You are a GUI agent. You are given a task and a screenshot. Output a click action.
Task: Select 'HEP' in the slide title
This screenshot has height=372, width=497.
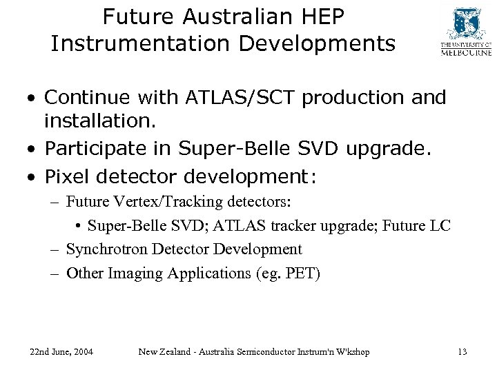[x=318, y=15]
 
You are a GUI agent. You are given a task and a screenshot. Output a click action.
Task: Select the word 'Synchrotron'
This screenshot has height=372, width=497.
[x=104, y=249]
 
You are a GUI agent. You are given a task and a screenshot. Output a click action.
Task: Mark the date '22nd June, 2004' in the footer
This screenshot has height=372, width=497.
[x=62, y=352]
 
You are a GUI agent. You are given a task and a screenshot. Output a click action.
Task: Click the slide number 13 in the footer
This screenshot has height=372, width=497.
[x=462, y=352]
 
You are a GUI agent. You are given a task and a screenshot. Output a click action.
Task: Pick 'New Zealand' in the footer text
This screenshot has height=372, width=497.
[x=166, y=352]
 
